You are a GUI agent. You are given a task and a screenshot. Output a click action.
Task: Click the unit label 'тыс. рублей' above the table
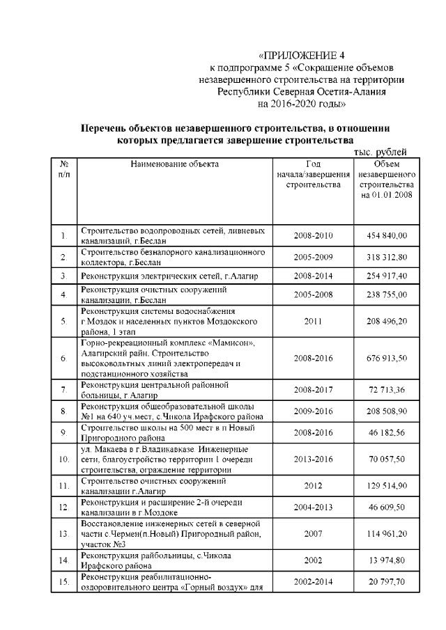point(380,152)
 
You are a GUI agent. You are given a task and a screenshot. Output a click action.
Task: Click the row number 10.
point(63,459)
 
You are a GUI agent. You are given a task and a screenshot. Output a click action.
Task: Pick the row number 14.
point(63,560)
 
